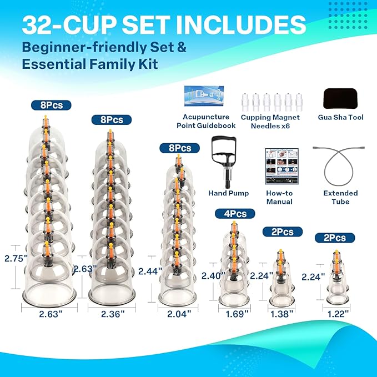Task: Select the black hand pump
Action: coord(225,160)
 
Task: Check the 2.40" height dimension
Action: coord(213,275)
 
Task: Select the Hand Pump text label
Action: coord(228,193)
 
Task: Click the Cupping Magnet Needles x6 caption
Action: coord(270,121)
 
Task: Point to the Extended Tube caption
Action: coord(340,197)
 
